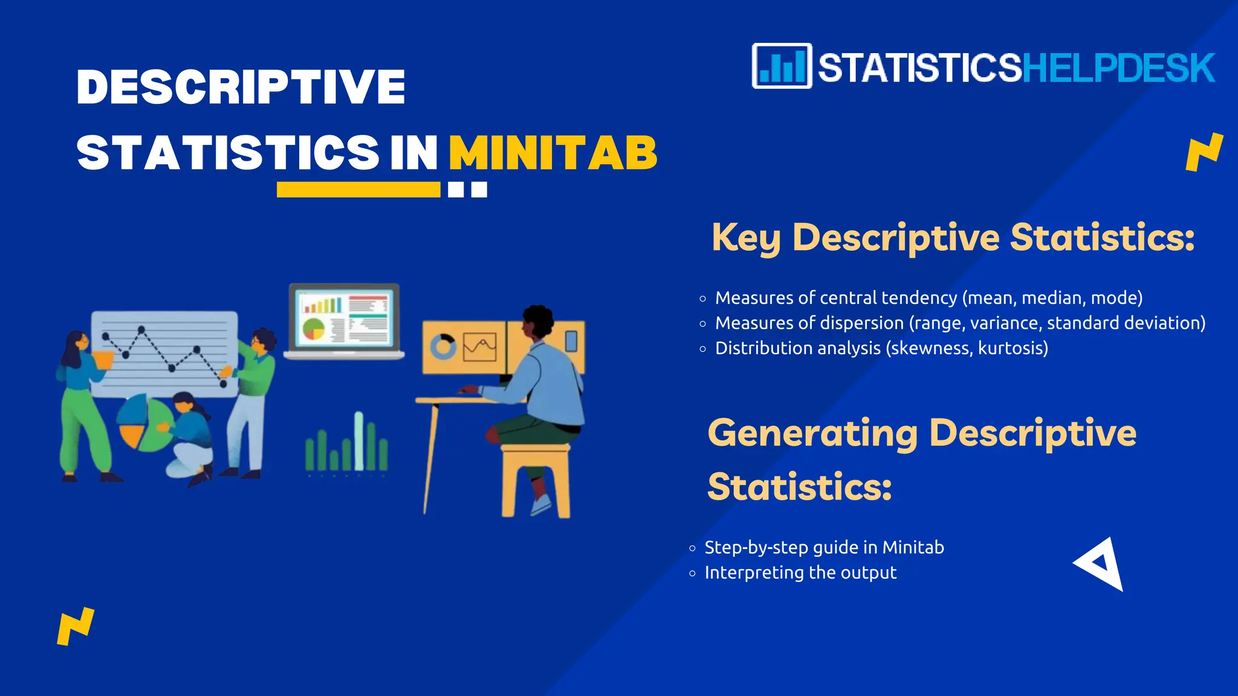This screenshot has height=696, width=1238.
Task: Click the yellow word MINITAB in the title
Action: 553,153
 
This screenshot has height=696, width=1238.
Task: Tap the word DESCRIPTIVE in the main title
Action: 241,87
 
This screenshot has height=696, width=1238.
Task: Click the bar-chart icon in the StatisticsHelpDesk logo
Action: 782,66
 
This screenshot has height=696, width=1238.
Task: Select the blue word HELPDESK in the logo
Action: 1118,68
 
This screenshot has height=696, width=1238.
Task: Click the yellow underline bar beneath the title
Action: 358,190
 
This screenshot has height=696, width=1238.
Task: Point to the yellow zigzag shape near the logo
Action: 1204,152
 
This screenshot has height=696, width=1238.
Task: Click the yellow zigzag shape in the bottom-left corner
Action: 76,626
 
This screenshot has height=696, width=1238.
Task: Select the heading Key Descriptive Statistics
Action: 953,237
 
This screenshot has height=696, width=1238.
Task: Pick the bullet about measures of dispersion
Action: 960,323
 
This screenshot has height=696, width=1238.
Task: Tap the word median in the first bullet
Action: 1048,298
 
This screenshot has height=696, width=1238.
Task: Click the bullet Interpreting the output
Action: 800,573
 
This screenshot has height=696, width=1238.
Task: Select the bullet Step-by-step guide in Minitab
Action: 824,547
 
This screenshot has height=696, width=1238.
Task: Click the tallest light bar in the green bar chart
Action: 359,441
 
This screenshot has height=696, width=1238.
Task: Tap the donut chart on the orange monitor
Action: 442,347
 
